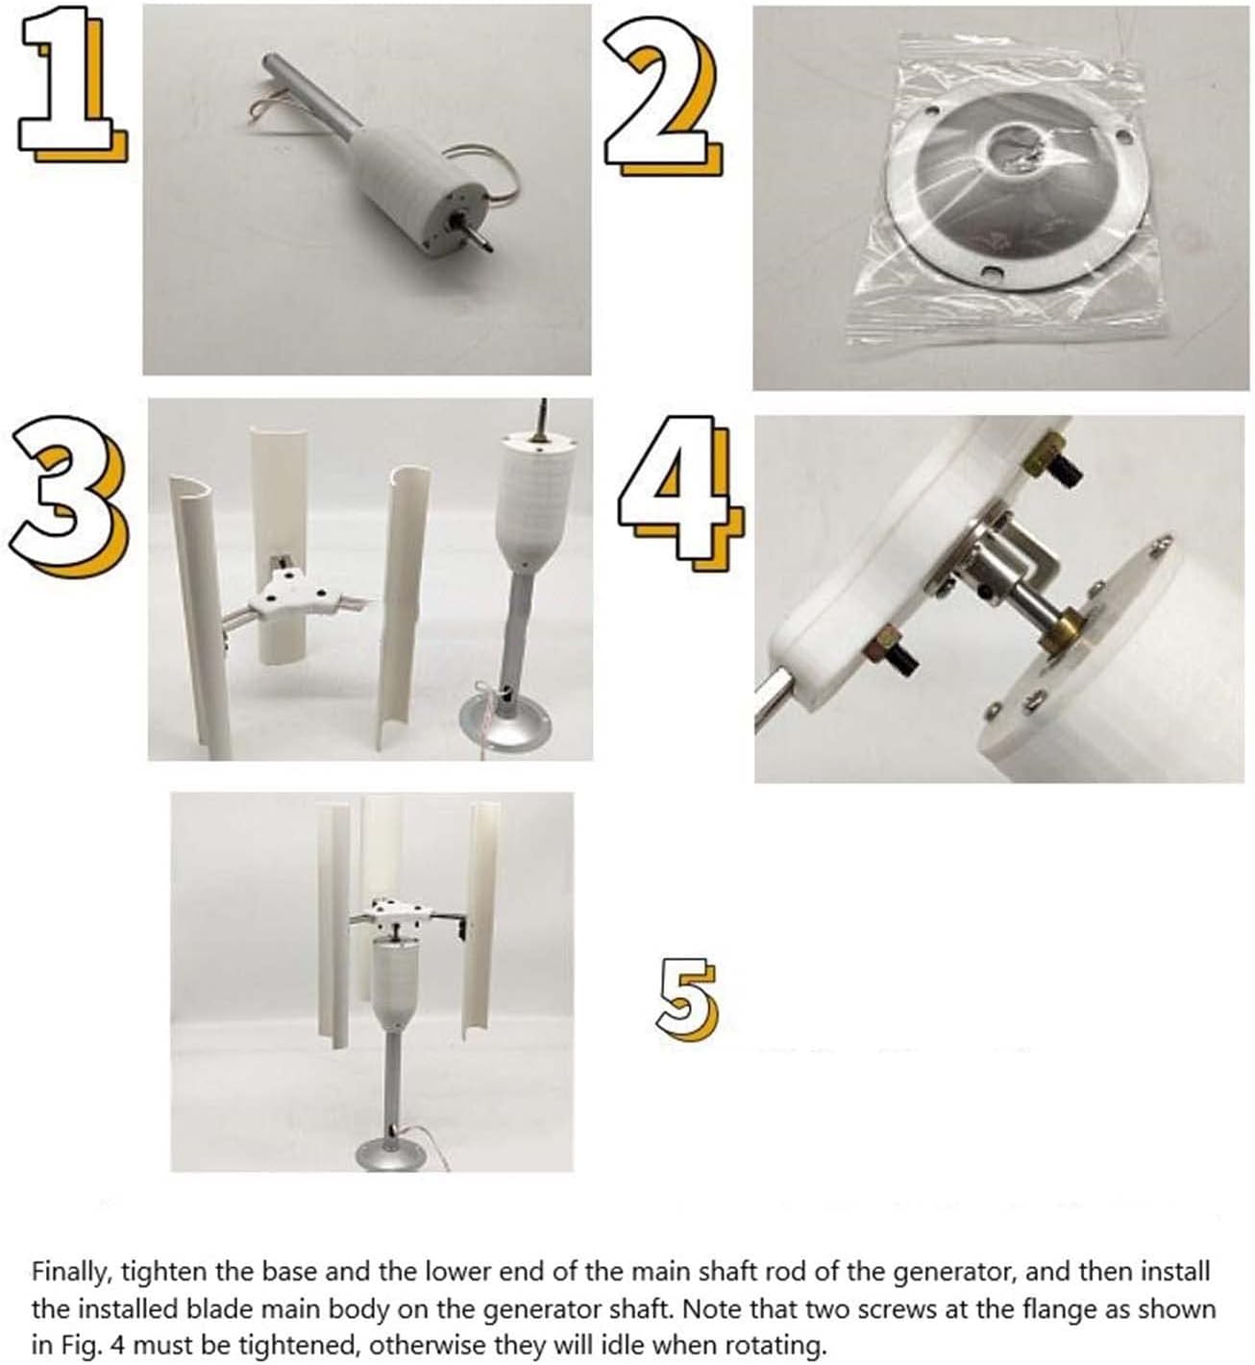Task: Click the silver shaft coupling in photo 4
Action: pos(1009,576)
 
